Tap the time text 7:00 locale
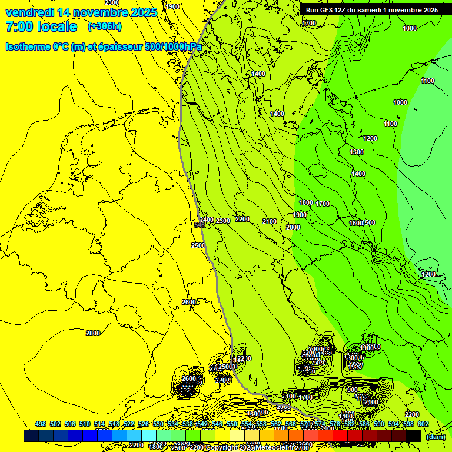pyautogui.click(x=41, y=26)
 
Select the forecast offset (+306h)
pyautogui.click(x=105, y=26)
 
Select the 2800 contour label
pyautogui.click(x=93, y=333)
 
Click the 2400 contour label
pyautogui.click(x=207, y=219)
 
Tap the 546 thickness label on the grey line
pyautogui.click(x=200, y=225)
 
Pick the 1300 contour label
pyautogui.click(x=357, y=152)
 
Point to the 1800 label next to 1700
pyautogui.click(x=306, y=202)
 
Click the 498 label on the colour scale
pyautogui.click(x=41, y=424)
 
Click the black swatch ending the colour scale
pyautogui.click(x=414, y=436)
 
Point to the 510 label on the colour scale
pyautogui.click(x=85, y=424)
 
